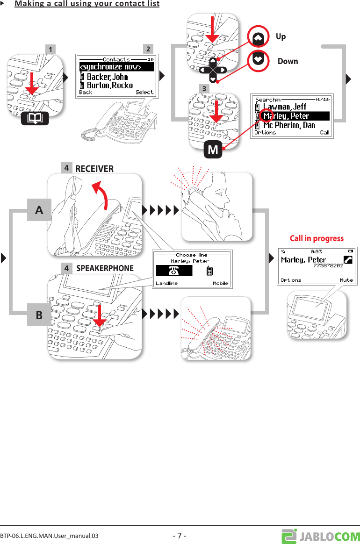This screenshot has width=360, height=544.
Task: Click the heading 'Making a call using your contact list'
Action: click(87, 4)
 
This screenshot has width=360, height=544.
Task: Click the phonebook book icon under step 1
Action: click(35, 119)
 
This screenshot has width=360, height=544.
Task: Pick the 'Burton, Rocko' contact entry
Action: click(109, 85)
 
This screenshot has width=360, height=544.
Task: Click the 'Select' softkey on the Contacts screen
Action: click(144, 93)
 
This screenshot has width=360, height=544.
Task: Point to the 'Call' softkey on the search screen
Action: click(324, 133)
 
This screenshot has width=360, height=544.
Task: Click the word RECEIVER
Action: click(94, 169)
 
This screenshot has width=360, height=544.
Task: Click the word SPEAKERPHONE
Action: click(105, 268)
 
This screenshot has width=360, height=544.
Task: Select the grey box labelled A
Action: click(39, 210)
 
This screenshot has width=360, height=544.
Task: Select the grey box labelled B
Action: click(39, 315)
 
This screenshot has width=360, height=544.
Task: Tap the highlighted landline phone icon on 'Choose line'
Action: click(174, 271)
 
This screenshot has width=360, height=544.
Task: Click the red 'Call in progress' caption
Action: click(317, 238)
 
